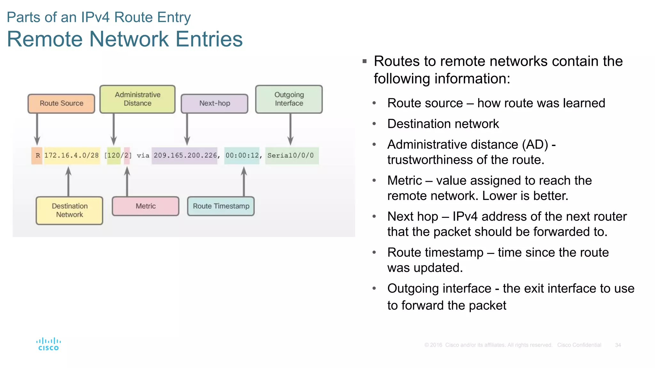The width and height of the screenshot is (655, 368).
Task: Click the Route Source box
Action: [x=61, y=103]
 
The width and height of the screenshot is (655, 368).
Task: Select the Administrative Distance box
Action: [x=138, y=99]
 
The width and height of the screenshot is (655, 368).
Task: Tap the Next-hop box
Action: [x=215, y=103]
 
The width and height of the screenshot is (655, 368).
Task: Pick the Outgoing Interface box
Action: [x=289, y=99]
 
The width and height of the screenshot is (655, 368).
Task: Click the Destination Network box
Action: [x=69, y=211]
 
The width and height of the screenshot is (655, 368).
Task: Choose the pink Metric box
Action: [x=146, y=206]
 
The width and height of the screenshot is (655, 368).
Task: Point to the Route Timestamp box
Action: [x=221, y=206]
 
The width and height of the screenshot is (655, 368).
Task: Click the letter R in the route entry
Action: [x=37, y=156]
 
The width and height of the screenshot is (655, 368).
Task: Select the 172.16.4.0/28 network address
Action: [x=72, y=156]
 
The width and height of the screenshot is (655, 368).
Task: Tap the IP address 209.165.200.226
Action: [x=185, y=156]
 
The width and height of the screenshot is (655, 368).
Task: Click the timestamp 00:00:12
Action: [x=242, y=156]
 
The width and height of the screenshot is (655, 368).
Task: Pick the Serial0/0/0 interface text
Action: [x=290, y=156]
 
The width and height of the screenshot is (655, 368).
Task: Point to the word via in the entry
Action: [x=143, y=156]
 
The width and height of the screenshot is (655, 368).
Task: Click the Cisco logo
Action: [x=48, y=344]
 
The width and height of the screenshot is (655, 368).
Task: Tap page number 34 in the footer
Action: [x=618, y=345]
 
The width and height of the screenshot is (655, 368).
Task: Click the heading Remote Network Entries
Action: [x=125, y=39]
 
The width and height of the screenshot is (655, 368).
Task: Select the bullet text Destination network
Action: [x=443, y=124]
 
